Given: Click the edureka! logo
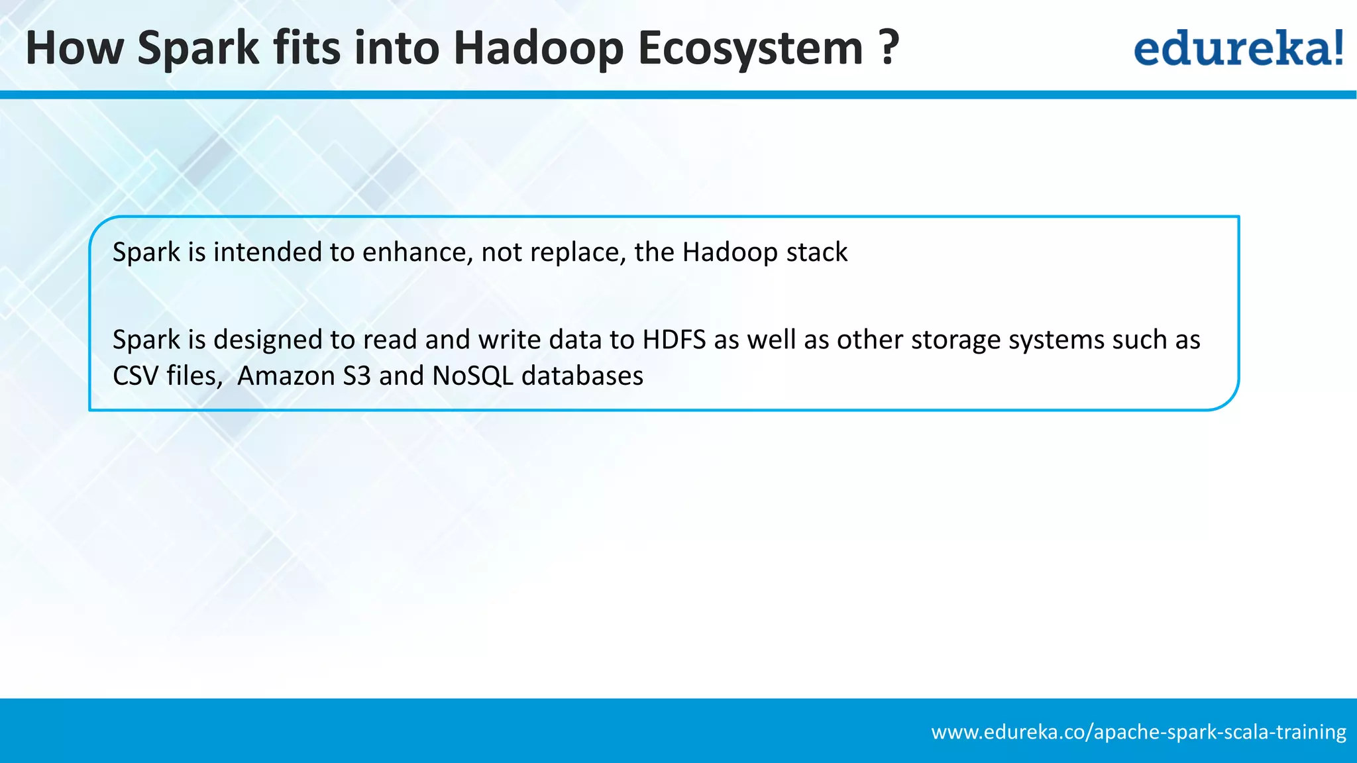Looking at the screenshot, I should pyautogui.click(x=1238, y=48).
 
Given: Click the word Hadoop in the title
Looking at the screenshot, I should pyautogui.click(x=538, y=49).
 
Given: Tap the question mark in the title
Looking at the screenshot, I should pyautogui.click(x=890, y=48).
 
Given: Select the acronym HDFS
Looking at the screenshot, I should pyautogui.click(x=674, y=340).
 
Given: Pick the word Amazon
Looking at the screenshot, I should pyautogui.click(x=286, y=376).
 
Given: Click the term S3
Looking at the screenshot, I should pyautogui.click(x=356, y=376).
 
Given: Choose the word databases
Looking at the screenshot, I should pyautogui.click(x=582, y=376).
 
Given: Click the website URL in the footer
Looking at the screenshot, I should pyautogui.click(x=1138, y=732).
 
